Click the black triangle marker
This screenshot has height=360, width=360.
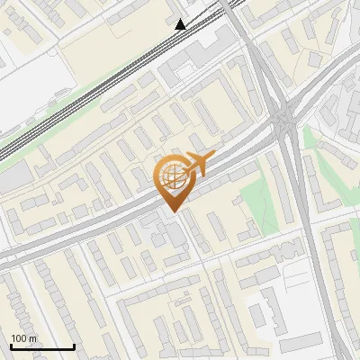tap(181, 24)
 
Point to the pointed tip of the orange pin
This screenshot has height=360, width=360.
tap(171, 211)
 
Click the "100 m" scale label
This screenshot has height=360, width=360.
tap(24, 338)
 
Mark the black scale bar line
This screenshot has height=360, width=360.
tap(42, 346)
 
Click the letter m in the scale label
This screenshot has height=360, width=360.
tap(32, 338)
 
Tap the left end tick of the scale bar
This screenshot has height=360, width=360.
tap(11, 346)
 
